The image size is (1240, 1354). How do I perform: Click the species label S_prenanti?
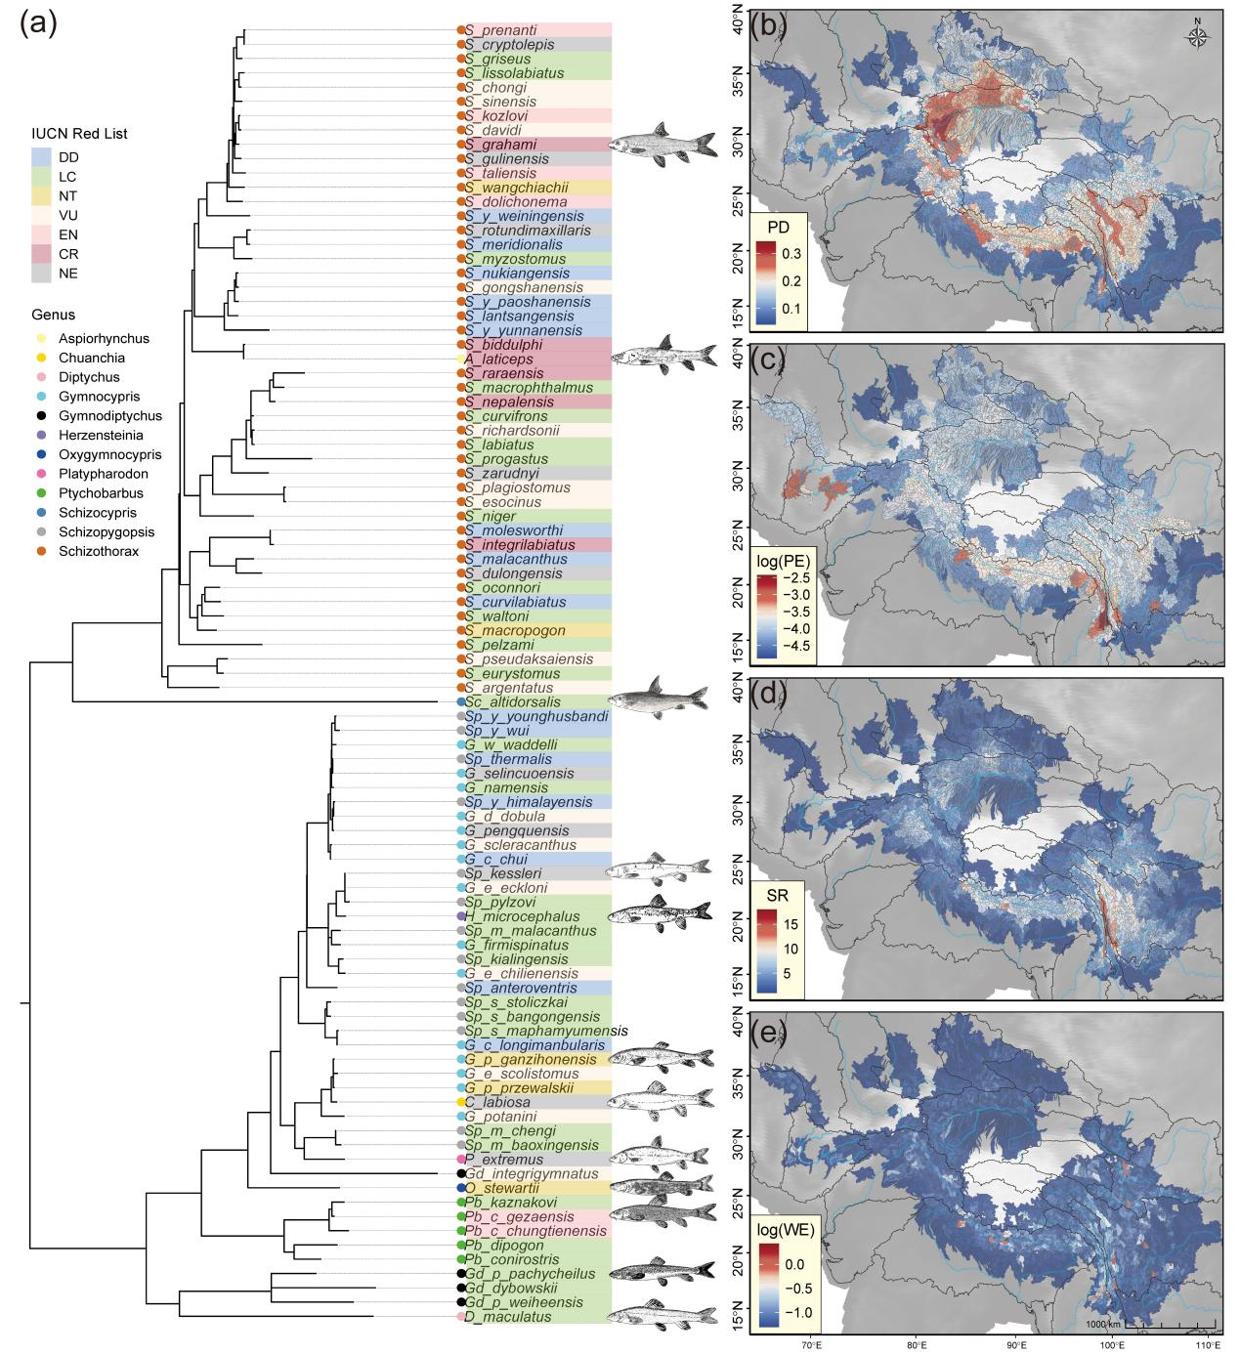(x=500, y=29)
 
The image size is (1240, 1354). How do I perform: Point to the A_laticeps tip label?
(x=498, y=360)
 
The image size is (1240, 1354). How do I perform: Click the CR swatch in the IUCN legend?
(x=41, y=254)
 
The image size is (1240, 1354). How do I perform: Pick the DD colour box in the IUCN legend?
(x=41, y=157)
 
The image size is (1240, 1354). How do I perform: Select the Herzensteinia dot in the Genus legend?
(x=42, y=435)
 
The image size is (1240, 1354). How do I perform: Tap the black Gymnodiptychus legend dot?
(x=42, y=416)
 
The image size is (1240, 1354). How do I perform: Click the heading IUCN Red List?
(x=79, y=134)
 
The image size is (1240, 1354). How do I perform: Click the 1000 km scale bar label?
(x=1103, y=1324)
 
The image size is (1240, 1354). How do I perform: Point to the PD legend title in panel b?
(x=778, y=227)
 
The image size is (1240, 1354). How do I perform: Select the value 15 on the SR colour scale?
(x=791, y=925)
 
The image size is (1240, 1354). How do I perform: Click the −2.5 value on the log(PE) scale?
(x=795, y=578)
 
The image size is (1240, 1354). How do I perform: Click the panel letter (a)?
(x=38, y=24)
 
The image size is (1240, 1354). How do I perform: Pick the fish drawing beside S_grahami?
(x=663, y=145)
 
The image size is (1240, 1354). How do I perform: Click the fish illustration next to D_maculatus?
(x=662, y=1315)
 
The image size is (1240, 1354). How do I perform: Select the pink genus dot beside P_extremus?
(x=460, y=1159)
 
